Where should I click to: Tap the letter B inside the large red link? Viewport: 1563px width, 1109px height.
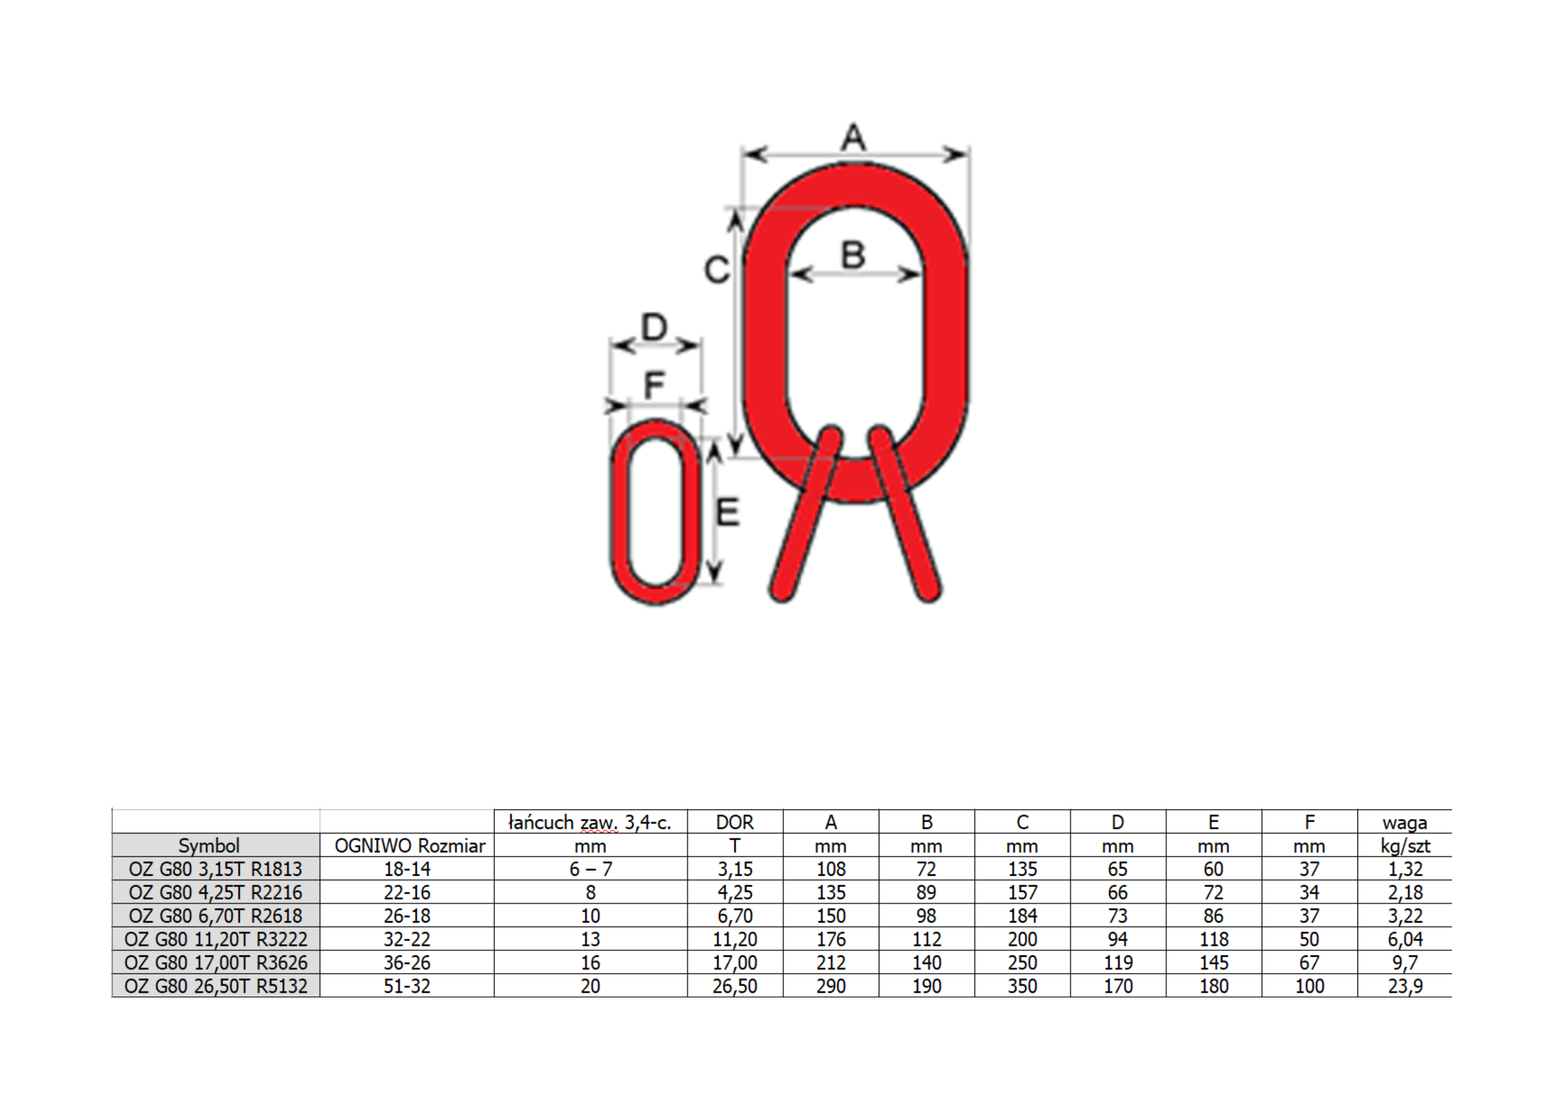(853, 255)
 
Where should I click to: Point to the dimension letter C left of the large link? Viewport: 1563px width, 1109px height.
(717, 270)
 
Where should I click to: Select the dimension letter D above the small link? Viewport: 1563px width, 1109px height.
(654, 327)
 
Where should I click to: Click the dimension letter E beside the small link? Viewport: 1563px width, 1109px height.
(728, 512)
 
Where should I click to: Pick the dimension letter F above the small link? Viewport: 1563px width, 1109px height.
(654, 385)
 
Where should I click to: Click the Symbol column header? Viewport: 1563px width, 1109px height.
(209, 845)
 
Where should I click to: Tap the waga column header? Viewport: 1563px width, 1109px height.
(1405, 823)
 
